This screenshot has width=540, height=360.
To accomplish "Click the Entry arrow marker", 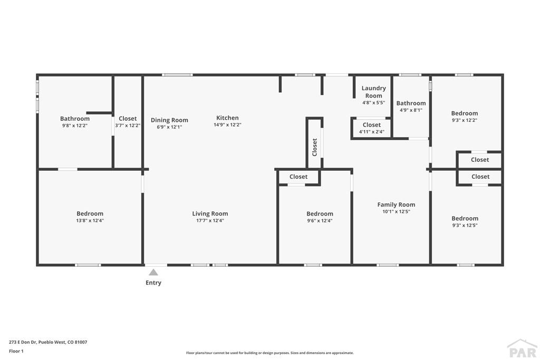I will click(153, 273).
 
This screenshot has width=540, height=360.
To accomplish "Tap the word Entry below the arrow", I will click(153, 283).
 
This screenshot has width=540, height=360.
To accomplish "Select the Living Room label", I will click(210, 214).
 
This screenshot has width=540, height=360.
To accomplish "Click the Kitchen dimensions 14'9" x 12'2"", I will click(227, 125).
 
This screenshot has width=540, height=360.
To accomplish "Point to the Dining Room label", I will click(169, 120).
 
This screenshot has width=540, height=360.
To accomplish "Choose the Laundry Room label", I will click(373, 92).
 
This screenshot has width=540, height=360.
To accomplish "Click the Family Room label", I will click(396, 205).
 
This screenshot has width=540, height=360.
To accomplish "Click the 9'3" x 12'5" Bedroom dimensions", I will click(465, 226).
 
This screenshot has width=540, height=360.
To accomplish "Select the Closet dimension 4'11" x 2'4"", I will click(372, 132).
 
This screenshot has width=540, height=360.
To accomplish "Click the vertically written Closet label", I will click(315, 147).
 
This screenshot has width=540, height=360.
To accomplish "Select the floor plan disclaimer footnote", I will click(269, 353).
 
